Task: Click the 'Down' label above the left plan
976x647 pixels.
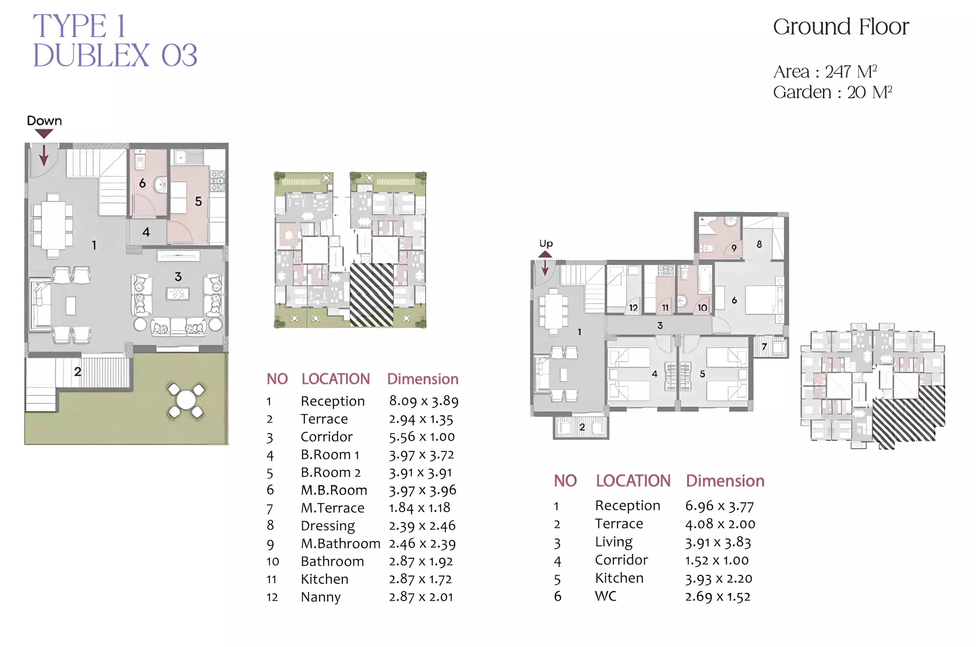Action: pos(44,121)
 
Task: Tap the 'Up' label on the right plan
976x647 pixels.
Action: pos(546,244)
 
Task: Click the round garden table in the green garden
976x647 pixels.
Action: pos(186,400)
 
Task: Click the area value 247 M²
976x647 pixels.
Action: pos(851,71)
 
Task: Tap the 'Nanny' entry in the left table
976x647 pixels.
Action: pos(321,597)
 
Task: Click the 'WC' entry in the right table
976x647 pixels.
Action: pos(606,596)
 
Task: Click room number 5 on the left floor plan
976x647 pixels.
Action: pos(198,201)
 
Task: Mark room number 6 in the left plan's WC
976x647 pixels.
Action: pos(142,183)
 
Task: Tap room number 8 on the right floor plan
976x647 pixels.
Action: pos(759,244)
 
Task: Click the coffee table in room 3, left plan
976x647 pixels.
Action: pos(178,294)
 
